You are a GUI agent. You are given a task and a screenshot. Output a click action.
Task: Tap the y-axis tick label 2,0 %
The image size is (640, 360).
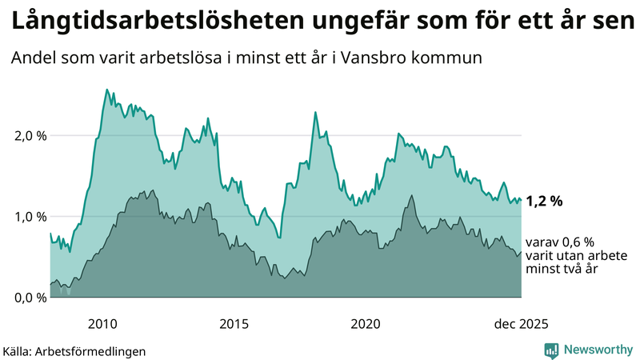point(30,135)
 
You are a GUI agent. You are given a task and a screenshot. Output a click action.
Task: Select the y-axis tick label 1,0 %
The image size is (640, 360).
point(30,216)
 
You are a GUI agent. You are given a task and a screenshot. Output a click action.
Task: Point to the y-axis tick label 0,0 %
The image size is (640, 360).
point(30,298)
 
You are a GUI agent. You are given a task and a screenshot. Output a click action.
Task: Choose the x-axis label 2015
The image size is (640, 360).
point(234,324)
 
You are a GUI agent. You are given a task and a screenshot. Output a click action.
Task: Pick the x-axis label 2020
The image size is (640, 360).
point(366,324)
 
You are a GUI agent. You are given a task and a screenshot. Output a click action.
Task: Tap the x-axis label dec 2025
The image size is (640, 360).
point(521,324)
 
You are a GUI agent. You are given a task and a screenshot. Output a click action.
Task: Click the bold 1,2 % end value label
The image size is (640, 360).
point(545,201)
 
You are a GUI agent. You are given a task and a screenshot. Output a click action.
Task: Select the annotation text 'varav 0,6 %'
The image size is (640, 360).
point(560,242)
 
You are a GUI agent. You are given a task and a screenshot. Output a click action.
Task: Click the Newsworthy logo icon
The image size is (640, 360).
point(552,350)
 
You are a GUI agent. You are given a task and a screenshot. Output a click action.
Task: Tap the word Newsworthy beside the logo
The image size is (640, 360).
point(598,350)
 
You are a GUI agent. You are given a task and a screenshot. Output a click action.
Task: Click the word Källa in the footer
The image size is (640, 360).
point(17,351)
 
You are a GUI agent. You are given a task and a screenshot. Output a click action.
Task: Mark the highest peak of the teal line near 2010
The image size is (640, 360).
point(107,90)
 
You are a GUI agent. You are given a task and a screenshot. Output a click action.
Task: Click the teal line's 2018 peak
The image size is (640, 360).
point(315,112)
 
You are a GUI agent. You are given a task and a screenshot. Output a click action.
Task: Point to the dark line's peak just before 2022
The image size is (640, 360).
point(411,195)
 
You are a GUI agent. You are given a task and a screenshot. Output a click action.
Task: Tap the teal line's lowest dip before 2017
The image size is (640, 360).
point(279,238)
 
